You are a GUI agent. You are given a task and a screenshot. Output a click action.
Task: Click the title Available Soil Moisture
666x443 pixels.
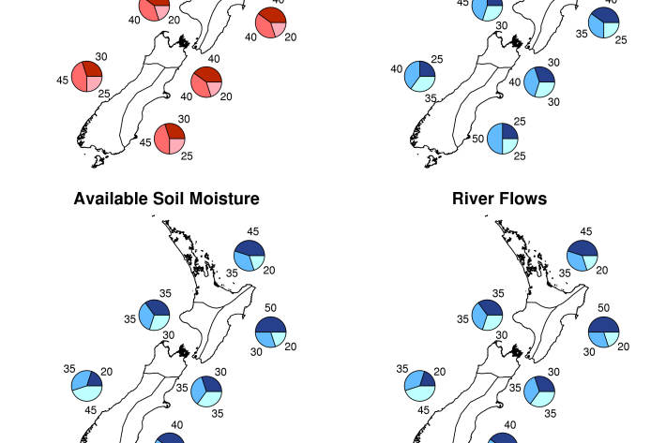pyautogui.click(x=167, y=199)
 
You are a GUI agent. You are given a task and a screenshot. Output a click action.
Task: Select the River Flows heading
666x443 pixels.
pyautogui.click(x=499, y=199)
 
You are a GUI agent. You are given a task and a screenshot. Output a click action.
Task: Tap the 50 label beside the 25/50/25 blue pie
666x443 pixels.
pyautogui.click(x=477, y=139)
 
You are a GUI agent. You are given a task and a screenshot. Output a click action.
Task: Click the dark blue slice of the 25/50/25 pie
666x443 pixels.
pyautogui.click(x=509, y=131)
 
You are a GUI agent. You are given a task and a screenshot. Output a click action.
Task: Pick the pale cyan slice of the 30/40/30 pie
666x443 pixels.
pyautogui.click(x=545, y=90)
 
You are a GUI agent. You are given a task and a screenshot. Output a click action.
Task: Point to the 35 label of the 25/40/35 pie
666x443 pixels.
pyautogui.click(x=431, y=98)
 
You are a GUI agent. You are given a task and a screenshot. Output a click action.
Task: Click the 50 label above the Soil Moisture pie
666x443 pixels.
pyautogui.click(x=270, y=308)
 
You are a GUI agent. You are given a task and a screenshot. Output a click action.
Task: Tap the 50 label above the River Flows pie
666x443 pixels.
pyautogui.click(x=603, y=308)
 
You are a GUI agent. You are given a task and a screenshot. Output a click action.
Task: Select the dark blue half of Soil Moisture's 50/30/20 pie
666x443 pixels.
pyautogui.click(x=270, y=324)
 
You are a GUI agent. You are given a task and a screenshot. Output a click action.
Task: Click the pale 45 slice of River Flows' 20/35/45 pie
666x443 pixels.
pyautogui.click(x=421, y=393)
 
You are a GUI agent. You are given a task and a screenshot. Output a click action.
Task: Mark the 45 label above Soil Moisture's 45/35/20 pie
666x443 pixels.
pyautogui.click(x=252, y=231)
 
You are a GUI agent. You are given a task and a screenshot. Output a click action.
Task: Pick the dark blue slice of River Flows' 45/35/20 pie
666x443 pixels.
pyautogui.click(x=584, y=247)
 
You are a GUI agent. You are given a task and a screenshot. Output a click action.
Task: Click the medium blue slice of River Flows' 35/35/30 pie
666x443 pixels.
pyautogui.click(x=479, y=315)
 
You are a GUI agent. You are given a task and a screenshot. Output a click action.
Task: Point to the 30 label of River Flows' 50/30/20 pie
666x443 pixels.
pyautogui.click(x=589, y=352)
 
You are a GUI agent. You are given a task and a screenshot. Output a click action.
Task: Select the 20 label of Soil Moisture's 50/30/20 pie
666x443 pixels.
pyautogui.click(x=291, y=347)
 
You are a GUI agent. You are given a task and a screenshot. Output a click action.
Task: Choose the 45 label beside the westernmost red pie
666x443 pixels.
pyautogui.click(x=63, y=81)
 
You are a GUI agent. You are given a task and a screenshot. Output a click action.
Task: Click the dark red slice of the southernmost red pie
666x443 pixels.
pyautogui.click(x=175, y=131)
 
